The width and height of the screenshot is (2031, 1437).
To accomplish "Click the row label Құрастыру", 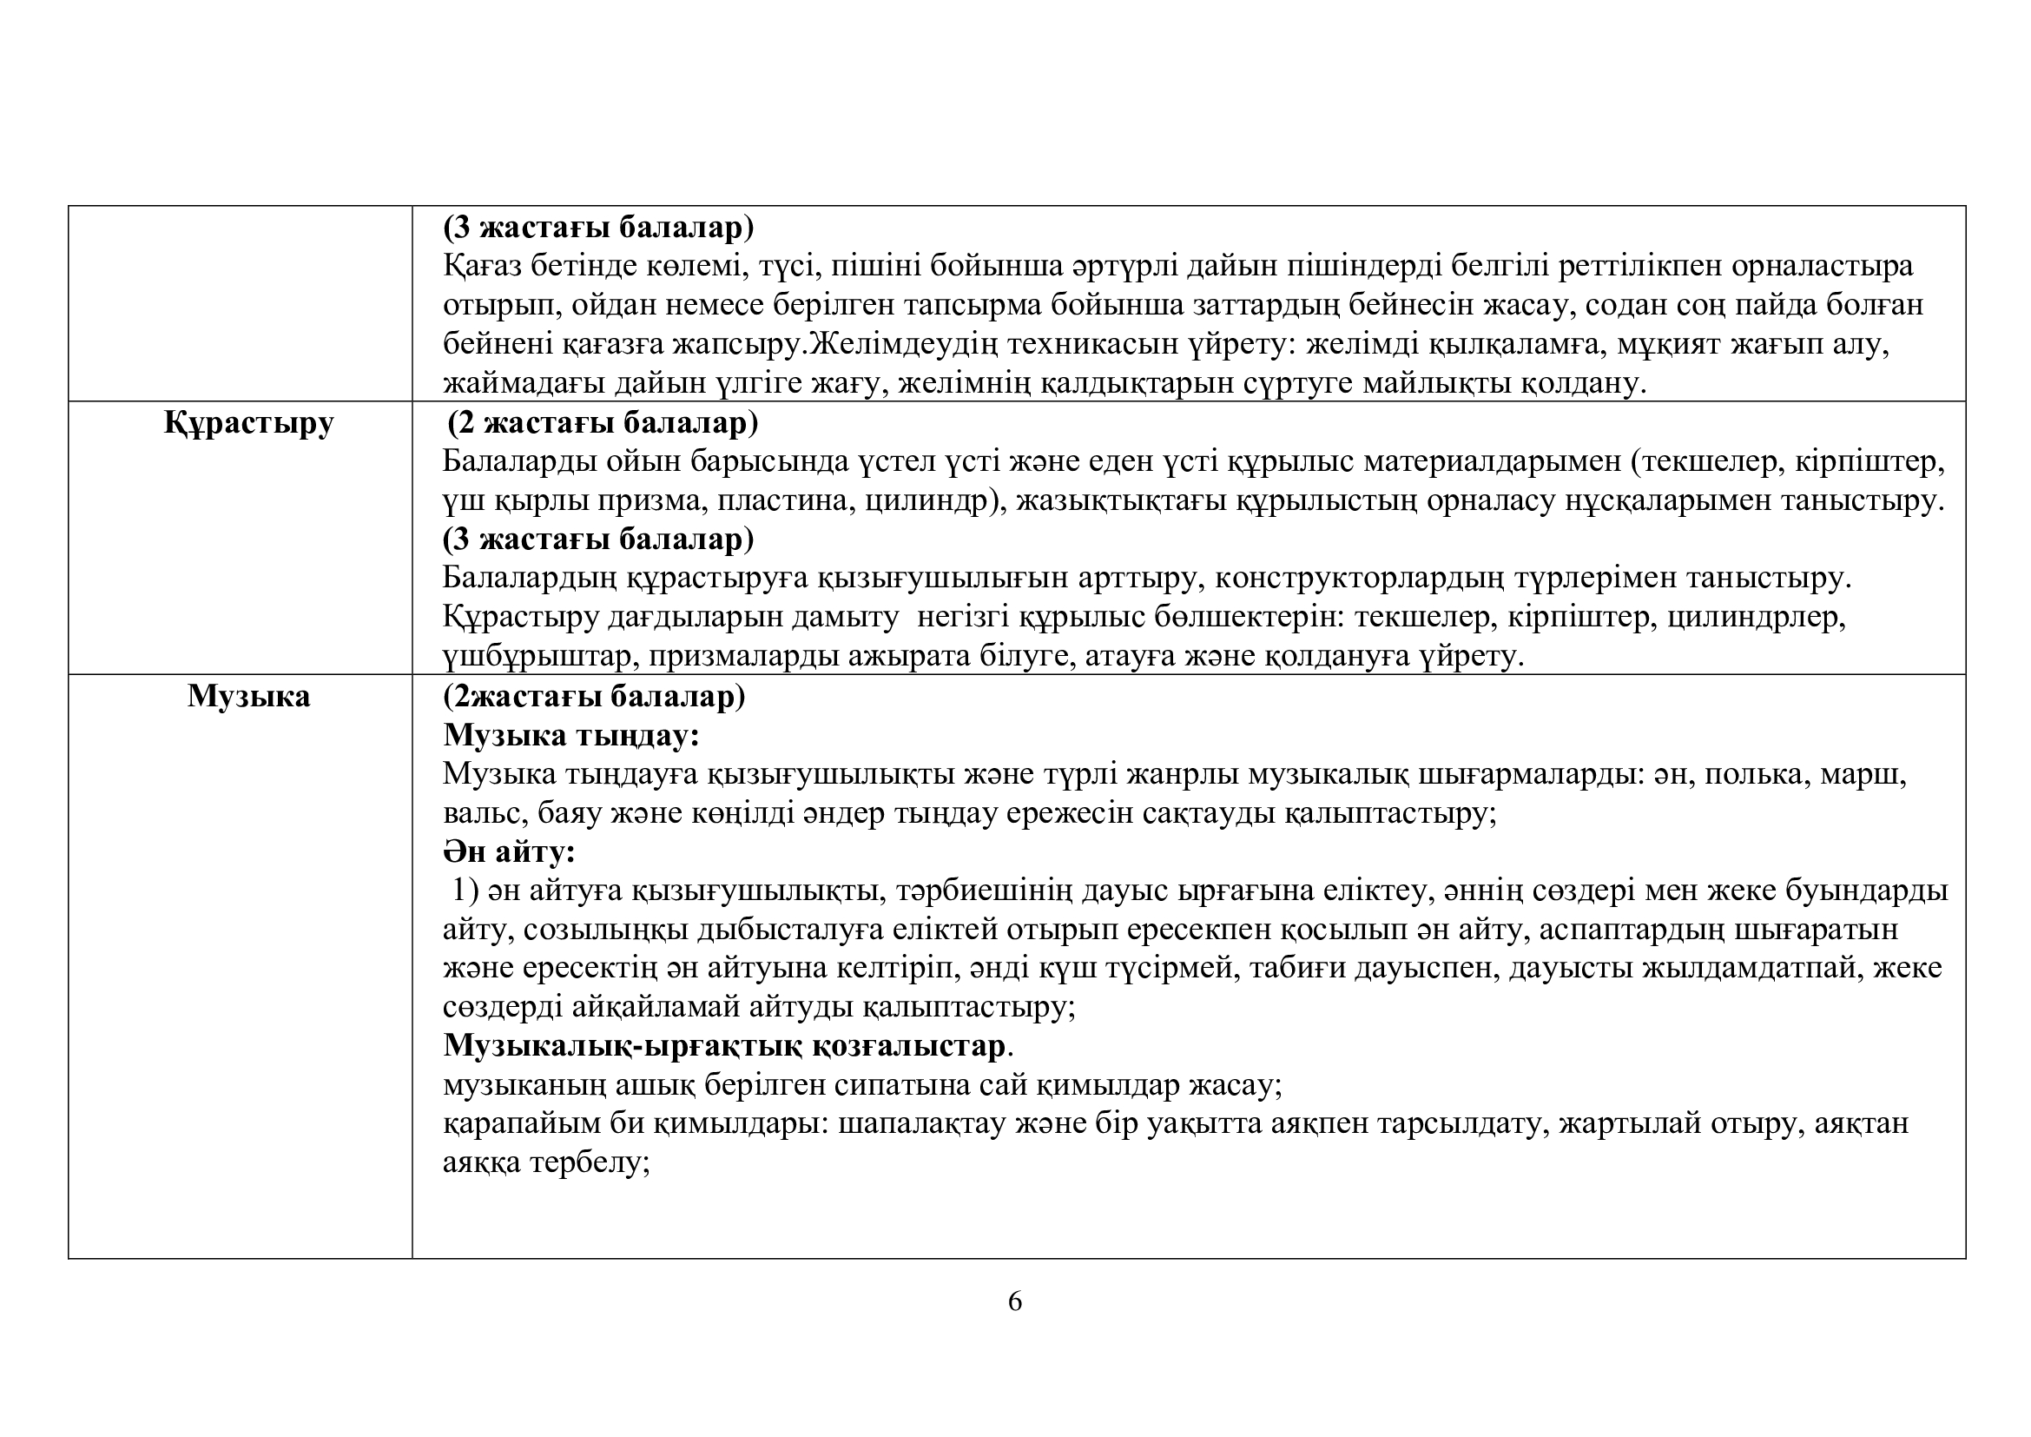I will [x=248, y=424].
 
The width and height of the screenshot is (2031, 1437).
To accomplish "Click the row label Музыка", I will [x=248, y=698].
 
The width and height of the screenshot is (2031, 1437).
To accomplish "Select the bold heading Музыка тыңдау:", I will [x=571, y=735].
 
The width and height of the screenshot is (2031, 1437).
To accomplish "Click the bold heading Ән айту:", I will [x=510, y=852].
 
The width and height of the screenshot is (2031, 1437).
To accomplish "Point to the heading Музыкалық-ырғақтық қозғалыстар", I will [x=724, y=1046].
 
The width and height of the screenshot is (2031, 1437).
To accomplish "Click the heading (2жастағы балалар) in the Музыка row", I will [x=595, y=698].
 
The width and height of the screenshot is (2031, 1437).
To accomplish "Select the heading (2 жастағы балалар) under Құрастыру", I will [x=603, y=424].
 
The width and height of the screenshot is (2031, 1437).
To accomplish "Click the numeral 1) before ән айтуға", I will [x=465, y=891].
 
